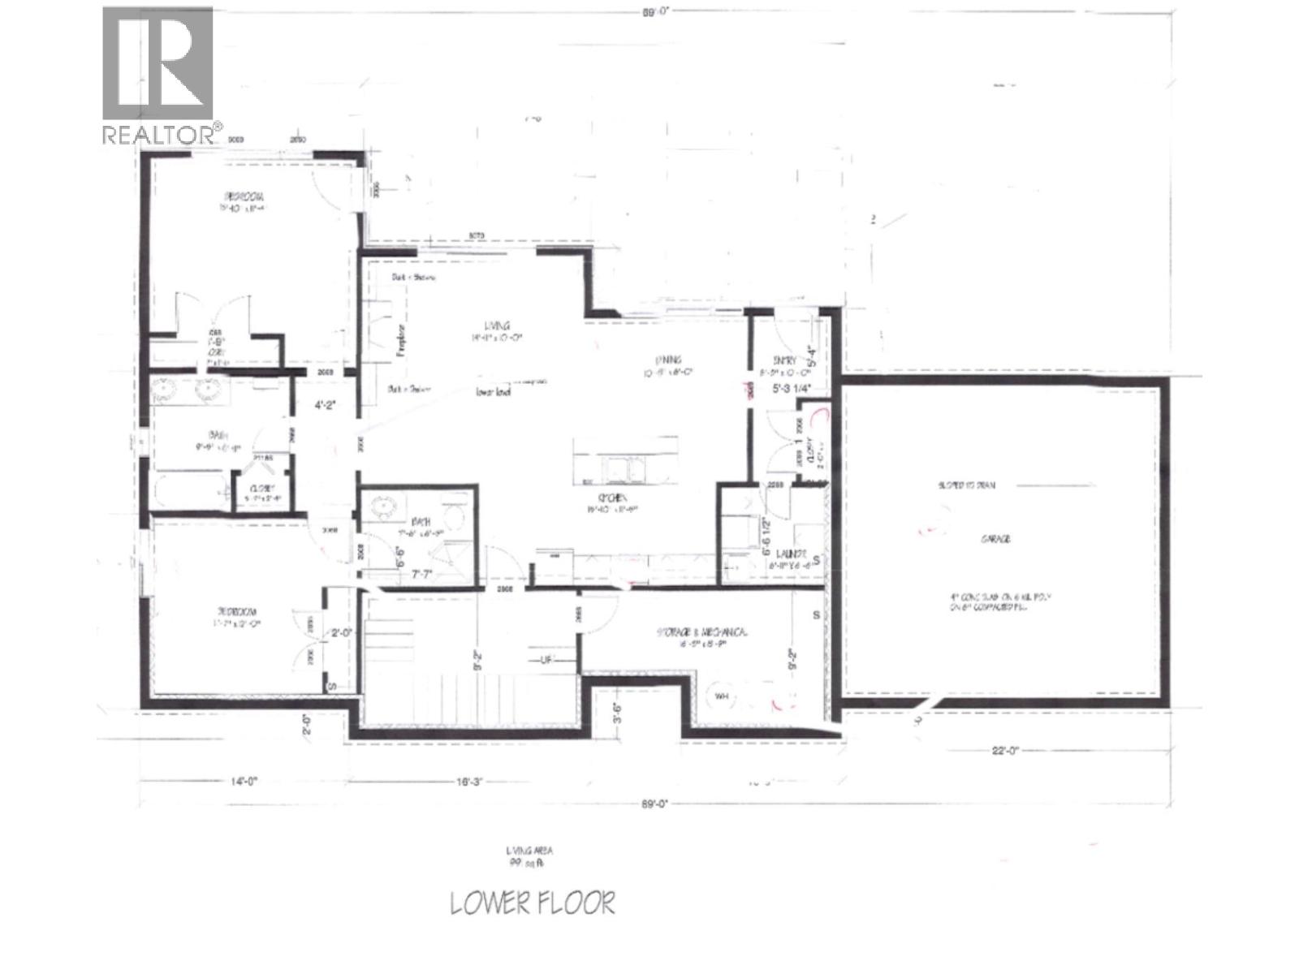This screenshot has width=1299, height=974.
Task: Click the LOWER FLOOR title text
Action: (533, 903)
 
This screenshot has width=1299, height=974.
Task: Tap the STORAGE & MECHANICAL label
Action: (701, 632)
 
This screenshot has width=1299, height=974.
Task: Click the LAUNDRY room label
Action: (788, 554)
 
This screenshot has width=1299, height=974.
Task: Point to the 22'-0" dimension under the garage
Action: (1004, 751)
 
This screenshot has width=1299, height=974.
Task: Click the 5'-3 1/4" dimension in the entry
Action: (785, 388)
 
